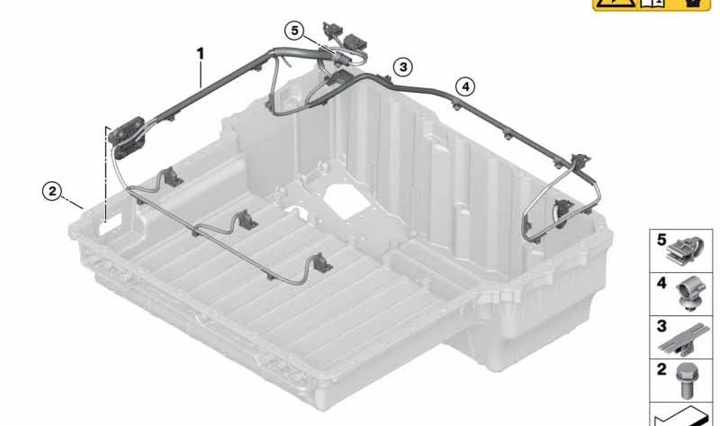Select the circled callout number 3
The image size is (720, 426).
[403, 67]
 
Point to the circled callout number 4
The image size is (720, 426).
[463, 86]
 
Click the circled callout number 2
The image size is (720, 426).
[53, 190]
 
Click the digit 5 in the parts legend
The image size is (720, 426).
[661, 240]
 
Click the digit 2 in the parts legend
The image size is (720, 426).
[661, 368]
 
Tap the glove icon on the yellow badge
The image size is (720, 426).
[693, 5]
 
